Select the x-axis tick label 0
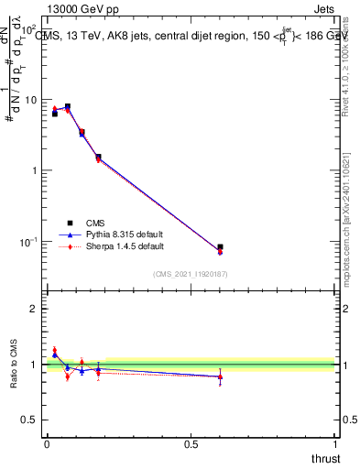click(47, 445)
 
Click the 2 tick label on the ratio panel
click(34, 309)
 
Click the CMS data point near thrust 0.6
click(220, 247)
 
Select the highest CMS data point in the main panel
click(68, 106)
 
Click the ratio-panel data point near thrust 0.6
click(220, 376)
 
